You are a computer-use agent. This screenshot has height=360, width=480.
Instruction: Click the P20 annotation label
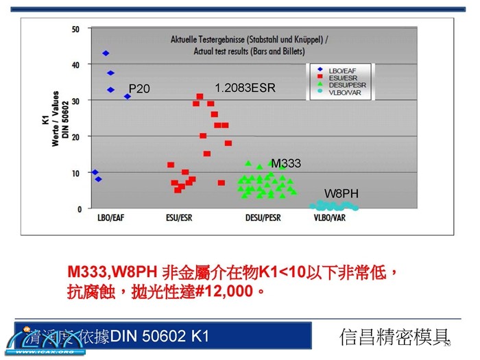pos(139,88)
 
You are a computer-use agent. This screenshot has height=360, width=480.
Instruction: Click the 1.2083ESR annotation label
pos(245,88)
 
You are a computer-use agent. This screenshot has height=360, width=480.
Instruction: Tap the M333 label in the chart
pos(286,163)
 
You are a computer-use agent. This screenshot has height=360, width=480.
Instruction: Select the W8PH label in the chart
pos(341,194)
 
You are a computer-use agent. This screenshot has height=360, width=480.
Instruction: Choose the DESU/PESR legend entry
pos(344,84)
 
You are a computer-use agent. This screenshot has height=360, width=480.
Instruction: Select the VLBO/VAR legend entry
pos(343,92)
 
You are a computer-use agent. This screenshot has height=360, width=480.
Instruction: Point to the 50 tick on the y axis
pos(76,29)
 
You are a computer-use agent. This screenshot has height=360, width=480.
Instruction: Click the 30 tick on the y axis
pos(76,101)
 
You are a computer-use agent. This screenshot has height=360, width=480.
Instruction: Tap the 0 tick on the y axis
pos(78,208)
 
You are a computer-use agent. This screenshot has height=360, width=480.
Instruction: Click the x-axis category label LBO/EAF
pos(112,219)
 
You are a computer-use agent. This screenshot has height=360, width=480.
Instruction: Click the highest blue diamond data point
pos(106,53)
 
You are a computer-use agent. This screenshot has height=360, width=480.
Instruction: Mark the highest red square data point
pos(200,97)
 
